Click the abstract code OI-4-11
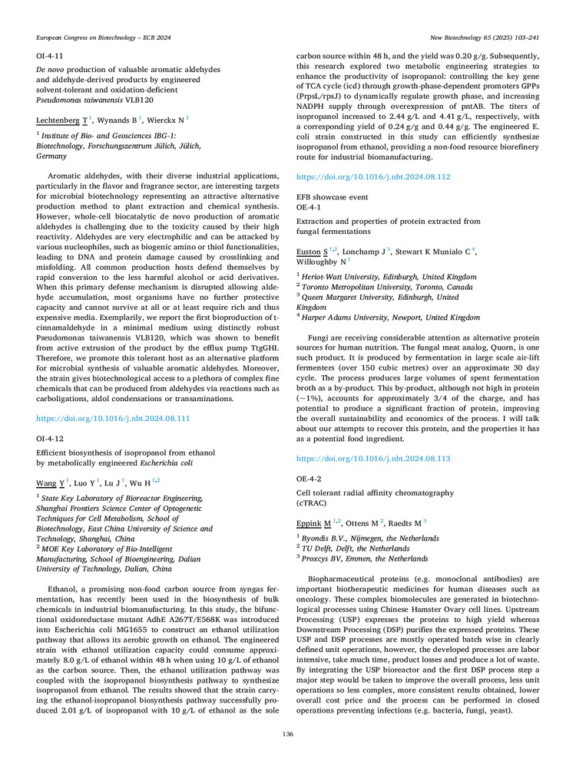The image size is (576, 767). coord(50,56)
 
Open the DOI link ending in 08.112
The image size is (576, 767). coord(373,176)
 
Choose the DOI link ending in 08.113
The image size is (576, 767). coord(373,458)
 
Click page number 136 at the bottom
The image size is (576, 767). coord(288,734)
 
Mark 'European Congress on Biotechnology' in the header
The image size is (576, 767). coord(80,37)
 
